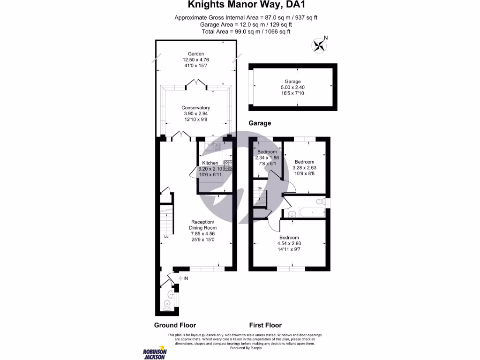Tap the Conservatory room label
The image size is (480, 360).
click(195, 108)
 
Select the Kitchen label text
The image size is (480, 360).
click(210, 163)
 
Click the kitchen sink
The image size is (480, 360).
click(212, 147)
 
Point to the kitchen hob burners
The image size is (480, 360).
click(227, 165)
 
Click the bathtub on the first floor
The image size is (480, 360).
click(312, 212)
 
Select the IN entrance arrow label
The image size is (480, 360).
click(183, 278)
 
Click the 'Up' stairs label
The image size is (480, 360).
click(166, 237)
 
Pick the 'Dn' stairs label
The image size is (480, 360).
click(260, 188)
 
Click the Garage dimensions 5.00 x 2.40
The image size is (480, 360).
click(292, 87)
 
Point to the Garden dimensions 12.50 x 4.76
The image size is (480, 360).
click(196, 60)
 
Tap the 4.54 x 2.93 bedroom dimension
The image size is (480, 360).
click(289, 243)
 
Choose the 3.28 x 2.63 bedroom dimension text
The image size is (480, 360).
click(304, 168)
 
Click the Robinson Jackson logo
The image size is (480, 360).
click(155, 354)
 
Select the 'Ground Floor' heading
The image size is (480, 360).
click(175, 325)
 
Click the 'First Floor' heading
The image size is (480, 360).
click(265, 325)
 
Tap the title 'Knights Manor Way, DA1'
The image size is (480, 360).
click(246, 5)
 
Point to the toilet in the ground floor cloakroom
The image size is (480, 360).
click(167, 305)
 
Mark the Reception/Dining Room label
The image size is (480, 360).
click(202, 225)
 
